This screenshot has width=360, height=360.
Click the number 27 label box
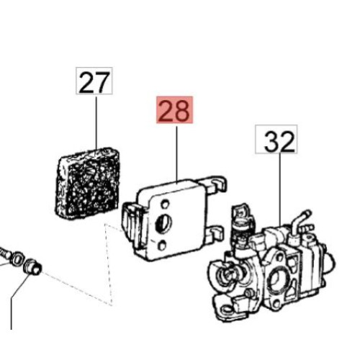94,81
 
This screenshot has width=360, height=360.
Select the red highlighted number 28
175,110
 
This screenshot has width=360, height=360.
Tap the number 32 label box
276,139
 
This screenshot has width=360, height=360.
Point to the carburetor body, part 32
272,266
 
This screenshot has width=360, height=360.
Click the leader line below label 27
96,122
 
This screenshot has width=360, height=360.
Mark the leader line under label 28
176,154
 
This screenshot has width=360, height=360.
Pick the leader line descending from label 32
280,189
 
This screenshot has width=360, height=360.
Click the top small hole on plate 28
165,204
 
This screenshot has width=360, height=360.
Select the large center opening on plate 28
163,223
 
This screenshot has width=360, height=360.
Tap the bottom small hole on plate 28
162,246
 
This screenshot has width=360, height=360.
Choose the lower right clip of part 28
214,234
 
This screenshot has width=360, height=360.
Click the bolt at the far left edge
5,253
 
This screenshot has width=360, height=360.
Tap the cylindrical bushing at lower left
33,267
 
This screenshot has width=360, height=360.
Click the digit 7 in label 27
102,82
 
